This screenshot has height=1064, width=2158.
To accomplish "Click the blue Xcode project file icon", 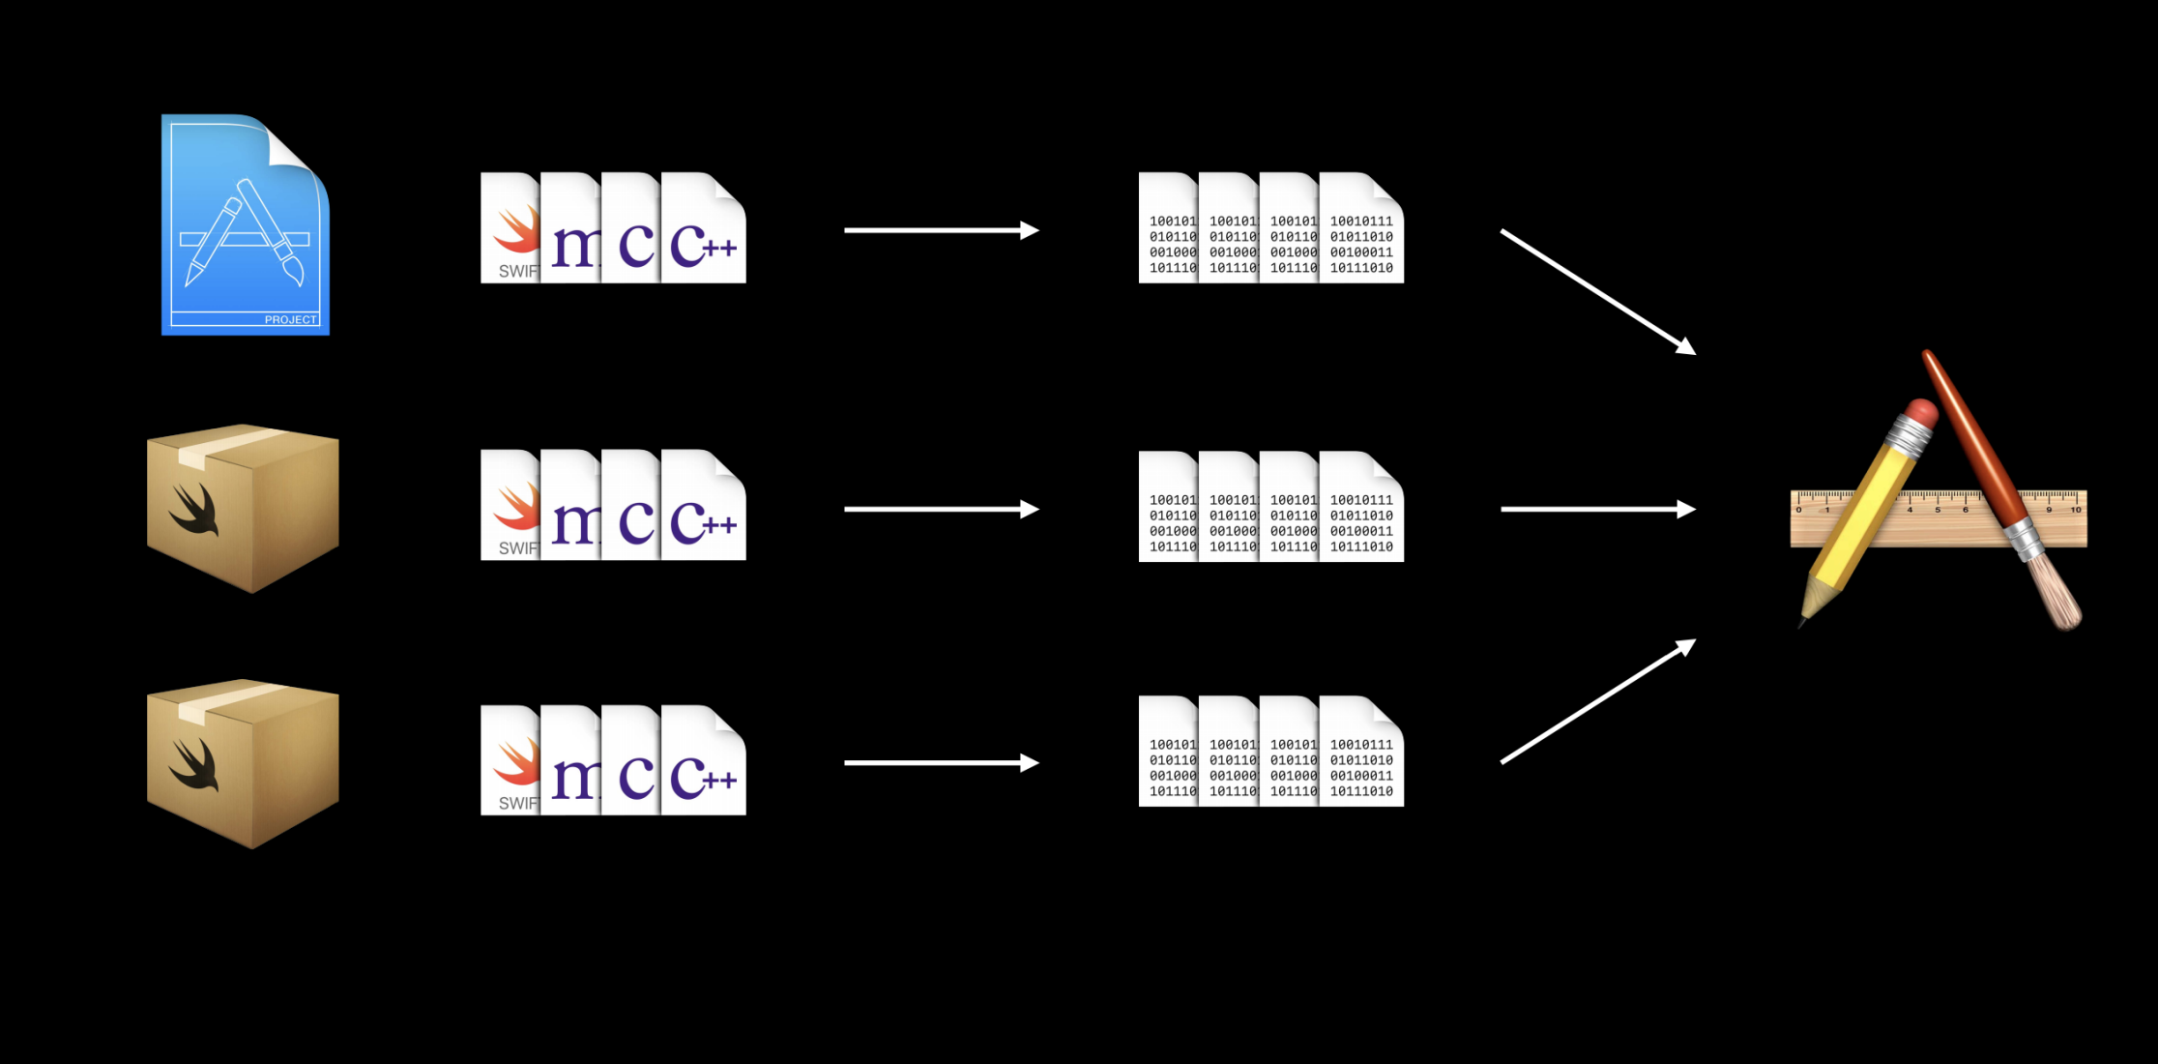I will (245, 225).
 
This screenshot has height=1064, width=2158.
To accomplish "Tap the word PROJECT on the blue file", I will (290, 319).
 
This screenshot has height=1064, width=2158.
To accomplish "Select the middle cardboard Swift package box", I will (243, 508).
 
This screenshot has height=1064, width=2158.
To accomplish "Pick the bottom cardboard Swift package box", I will (243, 763).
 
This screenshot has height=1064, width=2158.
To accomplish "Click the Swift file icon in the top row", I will (510, 229).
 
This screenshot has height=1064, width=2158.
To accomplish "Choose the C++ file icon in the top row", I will (704, 229).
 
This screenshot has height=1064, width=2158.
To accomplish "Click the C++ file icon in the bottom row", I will (704, 761).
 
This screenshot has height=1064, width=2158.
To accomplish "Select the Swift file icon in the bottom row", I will (510, 761).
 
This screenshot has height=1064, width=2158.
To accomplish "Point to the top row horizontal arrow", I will (940, 230).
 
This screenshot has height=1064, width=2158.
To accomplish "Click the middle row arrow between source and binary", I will (940, 509).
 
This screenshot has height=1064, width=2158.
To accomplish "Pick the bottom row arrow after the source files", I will (940, 763).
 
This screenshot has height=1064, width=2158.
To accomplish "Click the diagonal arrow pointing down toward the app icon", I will (1597, 291).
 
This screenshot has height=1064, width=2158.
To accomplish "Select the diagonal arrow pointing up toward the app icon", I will (1597, 701).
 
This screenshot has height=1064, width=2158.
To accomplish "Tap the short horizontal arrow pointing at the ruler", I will (1597, 509).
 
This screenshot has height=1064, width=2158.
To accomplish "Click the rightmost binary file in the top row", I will (1362, 229).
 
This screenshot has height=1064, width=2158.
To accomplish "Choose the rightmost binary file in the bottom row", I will (1362, 752).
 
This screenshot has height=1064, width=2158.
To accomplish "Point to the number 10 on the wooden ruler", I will (2075, 510).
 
